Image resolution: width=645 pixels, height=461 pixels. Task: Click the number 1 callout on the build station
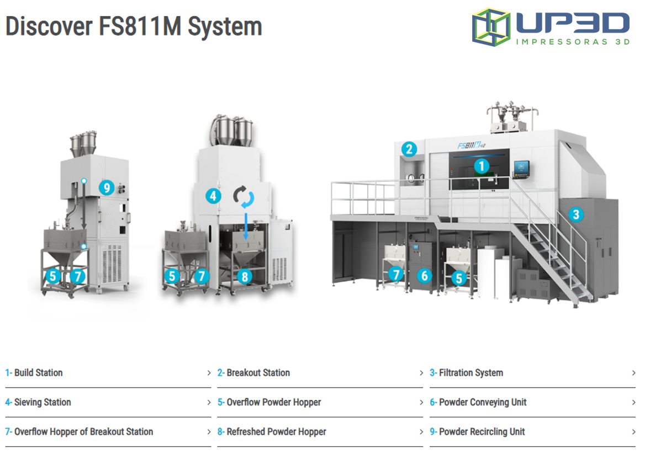[x=482, y=165]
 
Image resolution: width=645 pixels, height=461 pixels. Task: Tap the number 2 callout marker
[x=409, y=148]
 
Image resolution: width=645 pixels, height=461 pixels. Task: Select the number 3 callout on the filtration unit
[x=576, y=214]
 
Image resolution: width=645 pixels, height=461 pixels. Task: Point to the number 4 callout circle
[x=214, y=195]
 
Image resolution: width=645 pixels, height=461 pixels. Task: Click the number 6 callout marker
[x=424, y=275]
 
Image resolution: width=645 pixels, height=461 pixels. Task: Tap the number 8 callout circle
[x=245, y=276]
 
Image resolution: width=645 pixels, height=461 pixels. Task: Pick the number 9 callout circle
[x=107, y=187]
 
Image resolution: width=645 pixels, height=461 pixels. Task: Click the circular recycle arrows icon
[x=244, y=197]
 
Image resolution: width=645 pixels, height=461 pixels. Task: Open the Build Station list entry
[x=39, y=373]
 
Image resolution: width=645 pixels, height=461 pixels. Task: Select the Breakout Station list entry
[x=258, y=373]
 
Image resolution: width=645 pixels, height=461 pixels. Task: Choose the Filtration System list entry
[x=470, y=373]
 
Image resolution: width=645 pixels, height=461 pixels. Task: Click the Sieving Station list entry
[x=43, y=403]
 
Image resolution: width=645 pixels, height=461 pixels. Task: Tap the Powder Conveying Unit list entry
[x=482, y=403]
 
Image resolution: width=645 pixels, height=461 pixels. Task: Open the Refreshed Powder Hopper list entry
[x=276, y=432]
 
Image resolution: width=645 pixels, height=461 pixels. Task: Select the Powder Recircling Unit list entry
[x=482, y=432]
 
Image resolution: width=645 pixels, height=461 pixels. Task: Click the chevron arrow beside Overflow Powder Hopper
[x=421, y=403]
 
